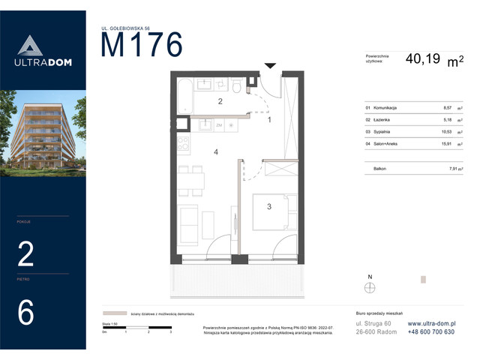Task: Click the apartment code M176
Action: (x=142, y=46)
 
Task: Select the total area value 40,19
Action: (x=424, y=58)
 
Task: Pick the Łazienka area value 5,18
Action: (x=447, y=119)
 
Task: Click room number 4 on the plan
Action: (x=216, y=152)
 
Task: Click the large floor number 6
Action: (x=25, y=313)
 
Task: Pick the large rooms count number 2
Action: (x=25, y=255)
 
